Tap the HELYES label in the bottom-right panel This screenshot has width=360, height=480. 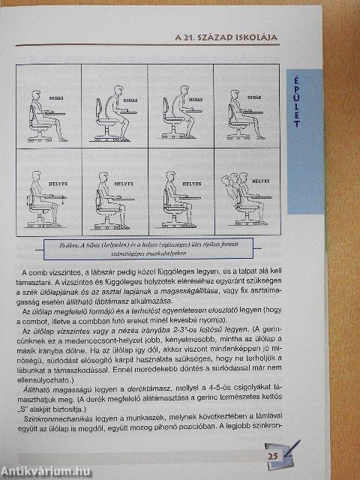[260, 181]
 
